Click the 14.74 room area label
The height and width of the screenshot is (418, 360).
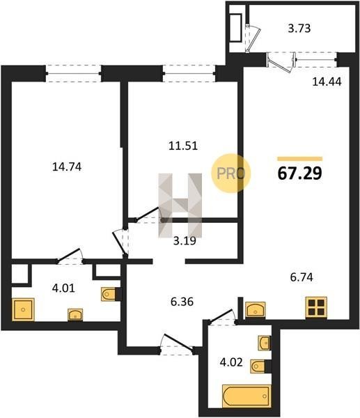[x=67, y=167]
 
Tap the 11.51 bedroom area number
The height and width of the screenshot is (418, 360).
[x=183, y=146]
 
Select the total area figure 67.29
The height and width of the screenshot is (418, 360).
[x=300, y=173]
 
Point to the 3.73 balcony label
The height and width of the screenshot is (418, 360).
[x=299, y=29]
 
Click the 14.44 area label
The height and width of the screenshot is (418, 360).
[x=327, y=82]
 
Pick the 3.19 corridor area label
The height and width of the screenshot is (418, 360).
[x=185, y=241]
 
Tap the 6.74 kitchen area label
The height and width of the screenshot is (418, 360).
[x=302, y=277]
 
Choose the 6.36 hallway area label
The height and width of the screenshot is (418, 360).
[x=182, y=302]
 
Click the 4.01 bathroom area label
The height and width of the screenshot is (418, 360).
[x=63, y=288]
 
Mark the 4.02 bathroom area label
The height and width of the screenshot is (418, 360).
[x=231, y=362]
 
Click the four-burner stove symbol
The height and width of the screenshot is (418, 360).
[x=316, y=307]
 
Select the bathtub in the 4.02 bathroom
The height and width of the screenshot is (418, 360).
[x=246, y=396]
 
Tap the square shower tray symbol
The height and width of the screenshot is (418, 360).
[x=23, y=309]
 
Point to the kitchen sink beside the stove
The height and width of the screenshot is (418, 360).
[x=256, y=310]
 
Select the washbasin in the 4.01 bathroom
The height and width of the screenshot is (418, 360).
[x=75, y=315]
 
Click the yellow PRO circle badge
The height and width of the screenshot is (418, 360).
[x=230, y=173]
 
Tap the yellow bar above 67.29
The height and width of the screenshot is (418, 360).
[x=300, y=159]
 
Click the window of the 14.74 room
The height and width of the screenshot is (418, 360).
[x=74, y=73]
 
